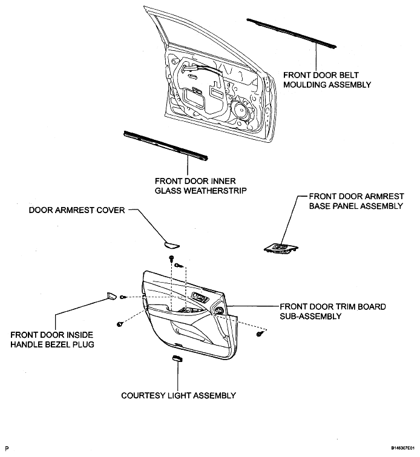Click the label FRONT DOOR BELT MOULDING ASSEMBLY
[327, 80]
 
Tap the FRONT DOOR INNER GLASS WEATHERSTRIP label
[200, 186]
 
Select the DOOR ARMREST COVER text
[77, 210]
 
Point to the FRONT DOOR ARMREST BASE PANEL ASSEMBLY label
[356, 201]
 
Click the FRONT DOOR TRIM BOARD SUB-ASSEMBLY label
[333, 311]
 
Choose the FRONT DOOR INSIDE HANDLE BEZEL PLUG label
[52, 340]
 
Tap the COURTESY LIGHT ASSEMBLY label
[179, 395]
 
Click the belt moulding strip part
[292, 33]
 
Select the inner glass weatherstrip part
[166, 146]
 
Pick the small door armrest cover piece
[171, 245]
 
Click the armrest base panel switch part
[281, 249]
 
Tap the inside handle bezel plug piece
[111, 296]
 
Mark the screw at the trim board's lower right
[260, 334]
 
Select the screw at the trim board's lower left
[119, 324]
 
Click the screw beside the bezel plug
[123, 297]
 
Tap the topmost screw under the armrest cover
[171, 258]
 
